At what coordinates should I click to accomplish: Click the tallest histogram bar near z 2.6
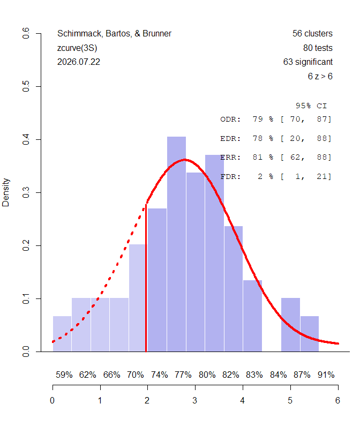coord(176,244)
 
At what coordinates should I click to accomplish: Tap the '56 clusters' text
coord(312,33)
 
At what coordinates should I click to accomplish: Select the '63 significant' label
coord(308,62)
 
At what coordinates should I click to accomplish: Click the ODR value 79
coord(258,119)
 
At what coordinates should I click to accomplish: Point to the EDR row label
coord(230,139)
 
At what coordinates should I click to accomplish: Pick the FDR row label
coord(230,177)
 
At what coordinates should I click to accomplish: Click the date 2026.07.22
coord(79,62)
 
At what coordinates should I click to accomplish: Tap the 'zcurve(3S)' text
coord(77,48)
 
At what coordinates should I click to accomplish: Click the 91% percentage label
coord(326,375)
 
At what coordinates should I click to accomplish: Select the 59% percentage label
coord(64,375)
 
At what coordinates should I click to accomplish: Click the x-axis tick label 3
coord(195,400)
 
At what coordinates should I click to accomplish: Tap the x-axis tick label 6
coord(337,400)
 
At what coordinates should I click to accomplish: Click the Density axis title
coord(6,192)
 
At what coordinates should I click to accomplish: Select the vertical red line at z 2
coord(146,278)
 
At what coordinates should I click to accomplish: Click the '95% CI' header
coord(311,106)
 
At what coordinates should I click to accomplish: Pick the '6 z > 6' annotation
coord(320,76)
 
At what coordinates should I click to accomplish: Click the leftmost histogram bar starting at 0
coord(62,334)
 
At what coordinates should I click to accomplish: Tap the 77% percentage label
coord(183,375)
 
